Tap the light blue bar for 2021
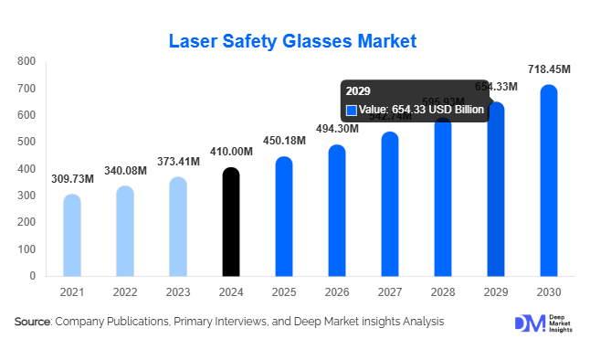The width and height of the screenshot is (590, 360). [72, 235]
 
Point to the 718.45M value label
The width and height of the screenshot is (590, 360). [549, 69]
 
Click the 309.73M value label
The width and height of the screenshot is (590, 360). [72, 178]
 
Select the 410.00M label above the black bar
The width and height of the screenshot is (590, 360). [231, 152]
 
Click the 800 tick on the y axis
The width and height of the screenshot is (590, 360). [26, 61]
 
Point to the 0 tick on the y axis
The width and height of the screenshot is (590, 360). [32, 275]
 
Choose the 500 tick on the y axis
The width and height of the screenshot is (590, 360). [26, 142]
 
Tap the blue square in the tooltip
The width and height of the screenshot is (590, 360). [351, 110]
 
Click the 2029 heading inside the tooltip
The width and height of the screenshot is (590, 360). [357, 92]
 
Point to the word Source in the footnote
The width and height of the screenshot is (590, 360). [33, 322]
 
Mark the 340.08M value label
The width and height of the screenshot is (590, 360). [125, 169]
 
